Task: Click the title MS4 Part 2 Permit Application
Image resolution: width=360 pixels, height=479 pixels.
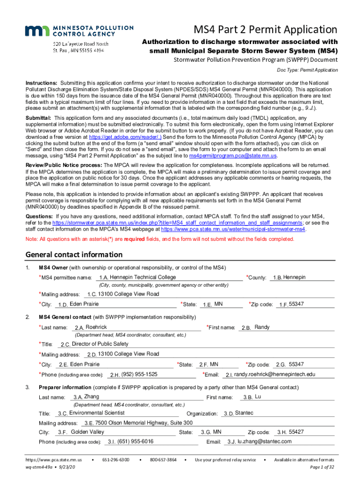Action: (x=266, y=30)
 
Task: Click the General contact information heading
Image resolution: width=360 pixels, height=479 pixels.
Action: (x=74, y=255)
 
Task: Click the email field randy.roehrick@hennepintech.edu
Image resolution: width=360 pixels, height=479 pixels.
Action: (x=279, y=374)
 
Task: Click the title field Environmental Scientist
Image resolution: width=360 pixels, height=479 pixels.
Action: (x=117, y=414)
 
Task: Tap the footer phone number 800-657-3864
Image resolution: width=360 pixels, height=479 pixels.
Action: (x=163, y=460)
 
